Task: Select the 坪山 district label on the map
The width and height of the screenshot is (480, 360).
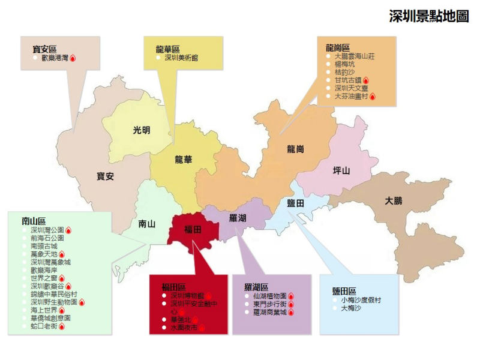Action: tap(341, 170)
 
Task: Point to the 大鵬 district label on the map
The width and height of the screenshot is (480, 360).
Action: tap(394, 200)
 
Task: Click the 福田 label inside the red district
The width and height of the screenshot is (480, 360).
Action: tap(193, 229)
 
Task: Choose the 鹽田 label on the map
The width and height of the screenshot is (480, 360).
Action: tap(296, 203)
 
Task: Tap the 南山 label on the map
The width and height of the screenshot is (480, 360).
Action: tap(146, 224)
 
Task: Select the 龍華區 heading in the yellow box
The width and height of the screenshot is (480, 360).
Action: tap(167, 49)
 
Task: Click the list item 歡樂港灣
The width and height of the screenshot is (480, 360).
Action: tap(55, 58)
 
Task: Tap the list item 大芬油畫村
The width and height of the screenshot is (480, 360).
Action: tap(350, 96)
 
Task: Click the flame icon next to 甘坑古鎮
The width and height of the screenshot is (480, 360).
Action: tap(366, 80)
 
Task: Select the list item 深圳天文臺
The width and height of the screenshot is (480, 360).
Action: tap(350, 88)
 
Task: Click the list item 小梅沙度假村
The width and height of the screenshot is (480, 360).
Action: tap(361, 299)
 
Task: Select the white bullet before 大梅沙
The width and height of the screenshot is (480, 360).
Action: tap(335, 308)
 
